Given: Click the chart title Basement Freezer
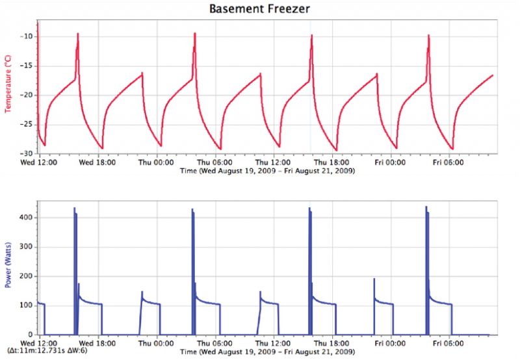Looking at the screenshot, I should pos(259,9).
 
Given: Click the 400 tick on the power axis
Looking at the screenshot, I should pos(26,217).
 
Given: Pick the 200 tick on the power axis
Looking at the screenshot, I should pos(26,276).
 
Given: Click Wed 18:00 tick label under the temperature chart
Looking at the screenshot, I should pos(98,163).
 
